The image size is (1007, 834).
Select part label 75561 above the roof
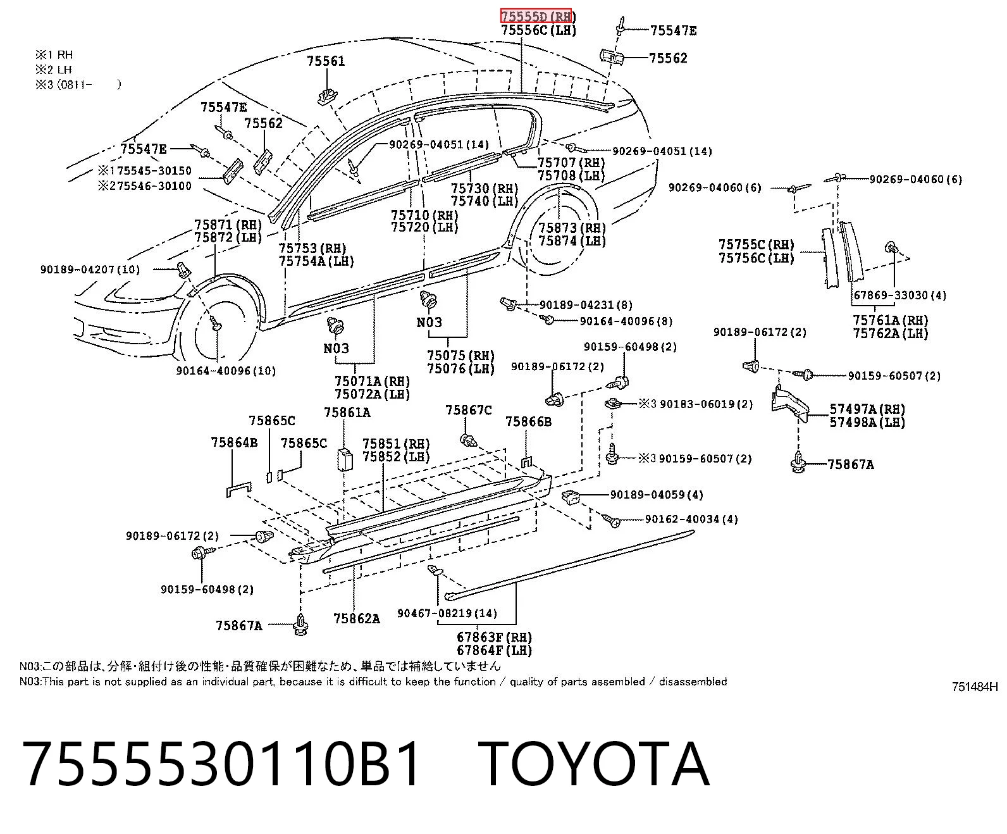(x=326, y=61)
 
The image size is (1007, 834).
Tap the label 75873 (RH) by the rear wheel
(x=572, y=228)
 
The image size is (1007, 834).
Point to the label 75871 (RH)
(x=228, y=225)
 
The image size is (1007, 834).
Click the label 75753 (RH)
(x=312, y=248)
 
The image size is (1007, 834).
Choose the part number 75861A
(x=347, y=412)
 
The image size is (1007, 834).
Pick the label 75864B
(x=235, y=442)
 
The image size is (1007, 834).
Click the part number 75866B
(x=529, y=421)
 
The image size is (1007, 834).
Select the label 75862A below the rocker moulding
(x=356, y=618)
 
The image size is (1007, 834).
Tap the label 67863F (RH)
(x=495, y=637)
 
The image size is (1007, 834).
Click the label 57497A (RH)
(x=867, y=409)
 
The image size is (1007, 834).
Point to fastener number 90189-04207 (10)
(x=90, y=270)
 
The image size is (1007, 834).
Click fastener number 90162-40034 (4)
(x=691, y=519)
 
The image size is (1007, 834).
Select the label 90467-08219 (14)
(x=447, y=613)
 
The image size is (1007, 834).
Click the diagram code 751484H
(x=975, y=687)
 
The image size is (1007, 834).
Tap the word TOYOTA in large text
(x=593, y=764)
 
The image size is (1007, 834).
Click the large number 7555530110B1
(x=221, y=764)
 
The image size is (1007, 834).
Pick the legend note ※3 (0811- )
(x=78, y=84)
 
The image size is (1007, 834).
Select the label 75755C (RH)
(x=757, y=245)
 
